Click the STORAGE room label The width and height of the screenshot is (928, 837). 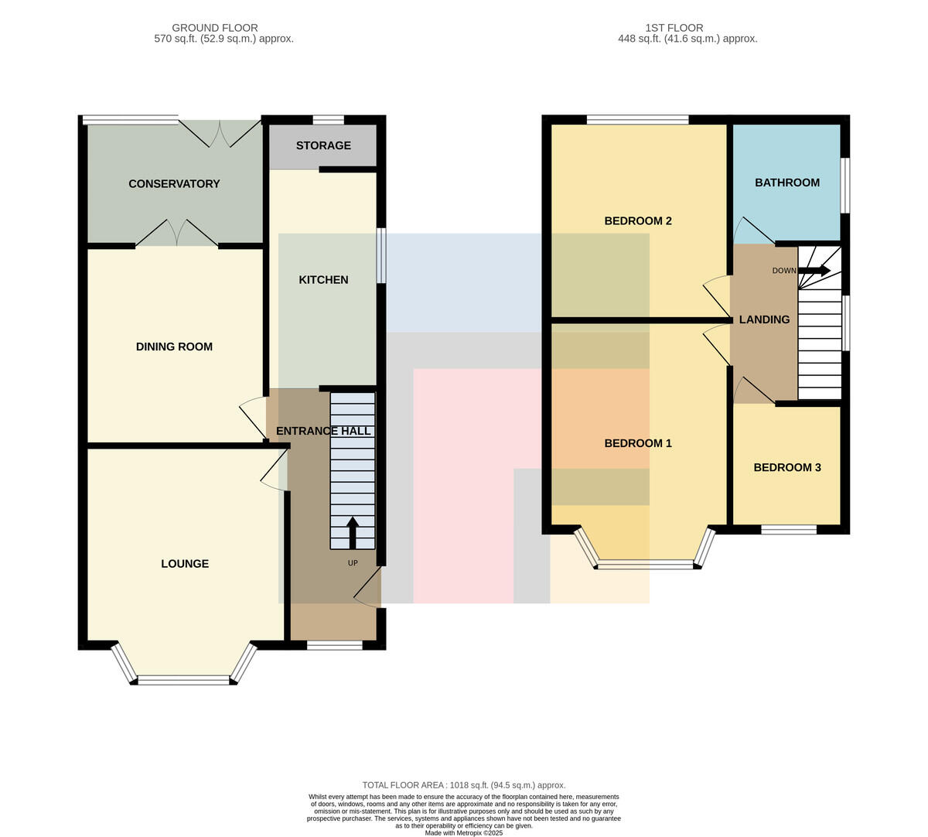point(323,145)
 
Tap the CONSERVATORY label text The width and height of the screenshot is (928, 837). point(174,184)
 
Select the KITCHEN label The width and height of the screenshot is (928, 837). point(323,279)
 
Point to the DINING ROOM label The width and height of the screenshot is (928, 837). point(174,347)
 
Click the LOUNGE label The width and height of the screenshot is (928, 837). point(185,563)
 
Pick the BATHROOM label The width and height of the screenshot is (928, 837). point(787,183)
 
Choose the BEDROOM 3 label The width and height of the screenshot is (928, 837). point(787,467)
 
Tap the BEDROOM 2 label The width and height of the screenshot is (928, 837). point(637,220)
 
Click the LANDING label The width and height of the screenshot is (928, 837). point(764,319)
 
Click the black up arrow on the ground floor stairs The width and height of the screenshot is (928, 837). point(353,533)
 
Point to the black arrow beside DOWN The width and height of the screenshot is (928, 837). point(814,270)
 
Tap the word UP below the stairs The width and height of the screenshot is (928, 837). point(353,563)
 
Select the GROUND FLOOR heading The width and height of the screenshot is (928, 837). point(215,28)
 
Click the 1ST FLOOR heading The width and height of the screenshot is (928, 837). point(674,28)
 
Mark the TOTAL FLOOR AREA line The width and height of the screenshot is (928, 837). point(463,785)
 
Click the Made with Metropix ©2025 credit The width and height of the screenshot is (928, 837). point(463,833)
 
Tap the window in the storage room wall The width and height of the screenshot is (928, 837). point(329,121)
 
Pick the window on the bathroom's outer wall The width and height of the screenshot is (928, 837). point(845,186)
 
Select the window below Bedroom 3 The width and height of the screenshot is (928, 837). point(790,530)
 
